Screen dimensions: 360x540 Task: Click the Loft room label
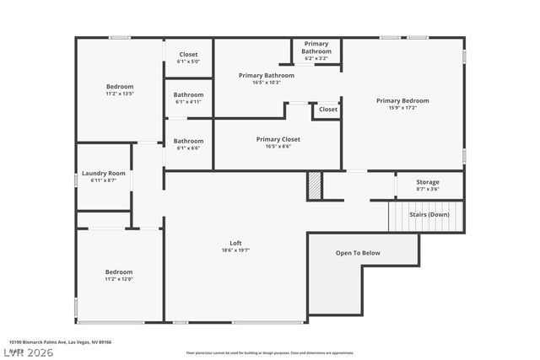point(235,243)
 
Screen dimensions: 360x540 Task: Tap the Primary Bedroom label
point(402,100)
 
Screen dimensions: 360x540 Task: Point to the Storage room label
point(428,182)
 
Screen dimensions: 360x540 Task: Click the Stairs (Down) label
point(429,214)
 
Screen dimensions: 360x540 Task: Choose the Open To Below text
point(358,252)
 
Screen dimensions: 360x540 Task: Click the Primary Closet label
point(278,139)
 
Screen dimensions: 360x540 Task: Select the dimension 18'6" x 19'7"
point(235,250)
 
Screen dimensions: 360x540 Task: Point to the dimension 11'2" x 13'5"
point(119,94)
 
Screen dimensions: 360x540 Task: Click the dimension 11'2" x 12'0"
point(119,279)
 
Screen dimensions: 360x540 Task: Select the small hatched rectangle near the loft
point(314,185)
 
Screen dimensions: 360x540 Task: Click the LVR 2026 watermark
point(29,352)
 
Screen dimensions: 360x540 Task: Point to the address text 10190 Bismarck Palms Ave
point(59,342)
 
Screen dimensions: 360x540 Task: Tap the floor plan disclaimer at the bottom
point(269,353)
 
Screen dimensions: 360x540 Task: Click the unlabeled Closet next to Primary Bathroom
point(328,109)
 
